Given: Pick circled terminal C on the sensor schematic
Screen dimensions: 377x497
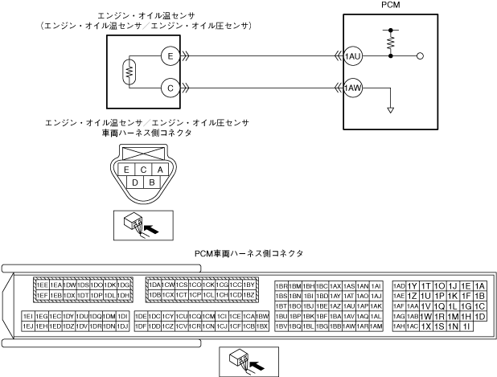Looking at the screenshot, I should pos(168,86).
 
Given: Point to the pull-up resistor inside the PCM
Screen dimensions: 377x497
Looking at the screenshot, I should pos(392,43).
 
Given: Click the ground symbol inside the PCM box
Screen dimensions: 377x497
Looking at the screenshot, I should pos(390,109).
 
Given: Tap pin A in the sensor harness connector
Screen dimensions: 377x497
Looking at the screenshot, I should pos(160,170).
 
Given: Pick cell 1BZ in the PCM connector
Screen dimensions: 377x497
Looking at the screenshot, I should pos(249,295).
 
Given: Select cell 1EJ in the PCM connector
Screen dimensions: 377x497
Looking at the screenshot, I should pos(27,326).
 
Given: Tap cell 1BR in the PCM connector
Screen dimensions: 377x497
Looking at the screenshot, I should pos(281,285).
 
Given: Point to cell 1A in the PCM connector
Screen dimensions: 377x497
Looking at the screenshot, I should pos(480,285).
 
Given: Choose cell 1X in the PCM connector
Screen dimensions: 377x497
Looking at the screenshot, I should pos(426,326).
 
